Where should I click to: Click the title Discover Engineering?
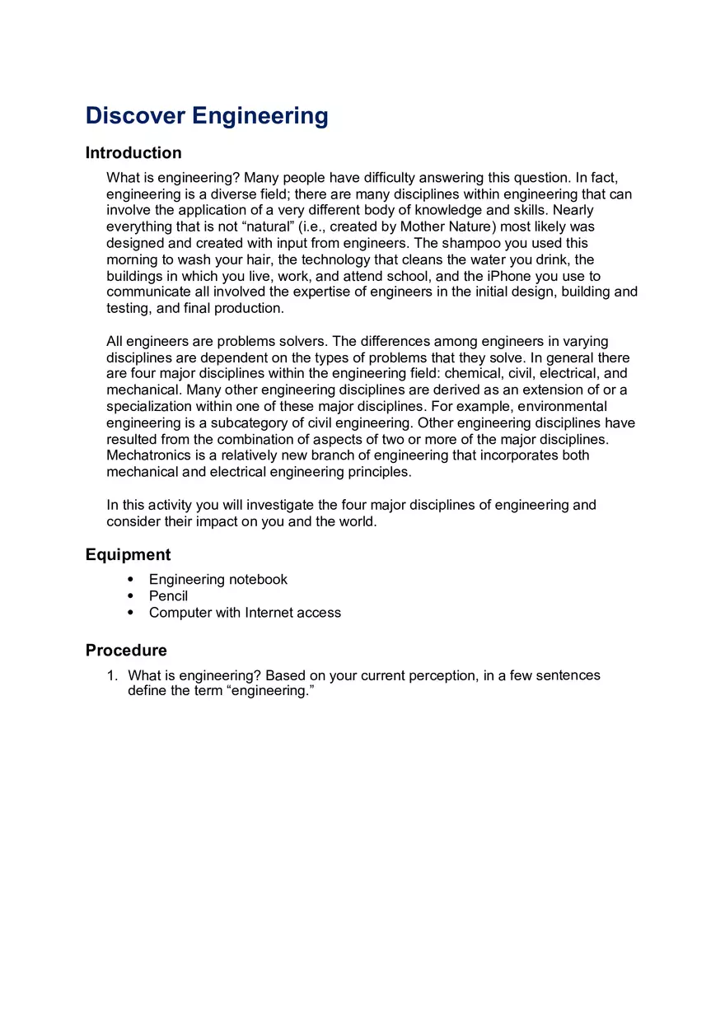click(207, 115)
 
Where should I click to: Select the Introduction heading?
click(133, 153)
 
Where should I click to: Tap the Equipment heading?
click(128, 555)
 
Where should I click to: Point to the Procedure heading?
click(126, 651)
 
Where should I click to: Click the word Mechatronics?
click(146, 455)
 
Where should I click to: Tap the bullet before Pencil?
click(131, 596)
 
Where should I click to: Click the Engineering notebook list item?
click(218, 580)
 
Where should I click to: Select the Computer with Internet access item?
click(245, 613)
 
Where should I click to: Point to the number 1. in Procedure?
click(113, 675)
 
